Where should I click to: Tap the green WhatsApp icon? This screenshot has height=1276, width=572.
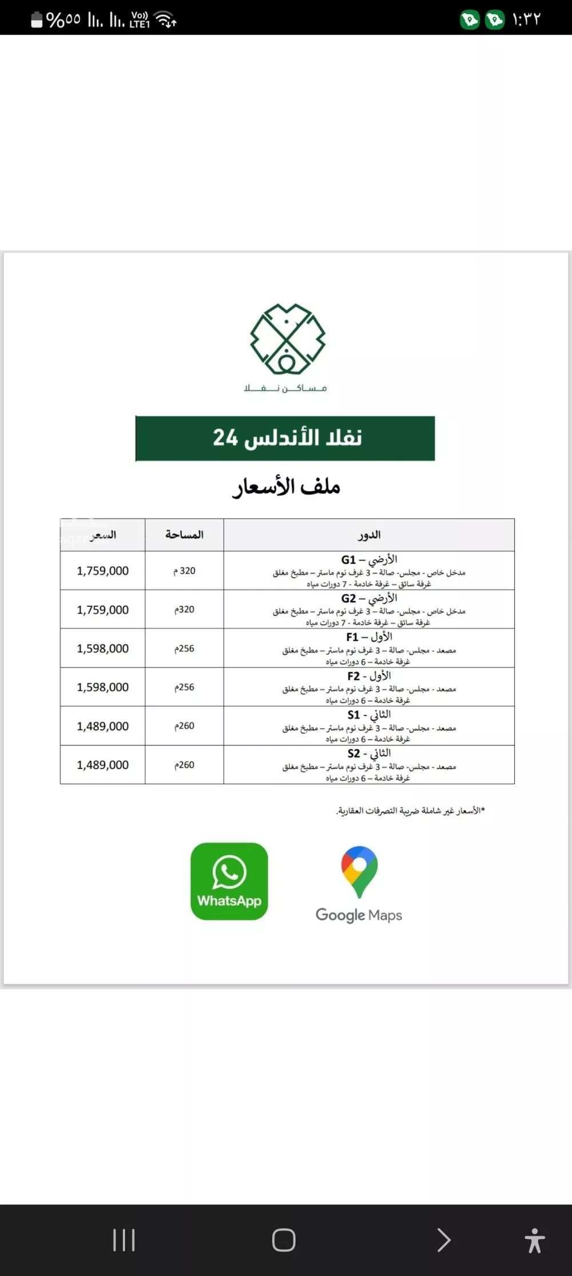(229, 881)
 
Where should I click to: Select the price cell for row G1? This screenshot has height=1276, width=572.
(103, 571)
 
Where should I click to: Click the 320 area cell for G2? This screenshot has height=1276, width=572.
(184, 610)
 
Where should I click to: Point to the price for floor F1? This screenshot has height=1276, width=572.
(103, 649)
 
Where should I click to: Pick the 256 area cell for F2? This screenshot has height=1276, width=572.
(184, 687)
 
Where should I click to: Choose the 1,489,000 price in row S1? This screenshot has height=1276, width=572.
(103, 726)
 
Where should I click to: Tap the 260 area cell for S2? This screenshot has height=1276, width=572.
(184, 765)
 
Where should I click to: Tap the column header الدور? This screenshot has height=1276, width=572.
(369, 535)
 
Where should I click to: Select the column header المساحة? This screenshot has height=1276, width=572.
(184, 535)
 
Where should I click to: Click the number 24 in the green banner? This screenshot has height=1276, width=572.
(225, 438)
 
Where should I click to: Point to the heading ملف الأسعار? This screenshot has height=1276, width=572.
(286, 487)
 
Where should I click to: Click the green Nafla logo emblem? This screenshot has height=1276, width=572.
(287, 339)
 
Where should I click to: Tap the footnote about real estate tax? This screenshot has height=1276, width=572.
(410, 811)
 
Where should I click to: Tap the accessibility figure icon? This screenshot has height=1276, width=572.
(534, 1241)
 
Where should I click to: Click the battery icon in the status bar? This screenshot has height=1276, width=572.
(37, 20)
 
